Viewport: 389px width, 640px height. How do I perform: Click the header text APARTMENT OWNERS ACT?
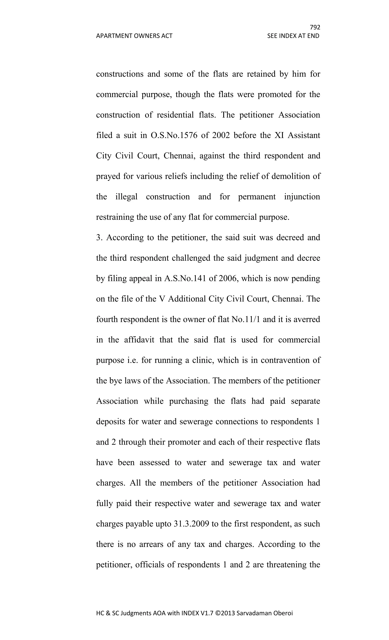[x=134, y=36]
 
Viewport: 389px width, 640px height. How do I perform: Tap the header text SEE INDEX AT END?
[x=293, y=36]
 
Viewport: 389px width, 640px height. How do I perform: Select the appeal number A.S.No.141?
[x=185, y=278]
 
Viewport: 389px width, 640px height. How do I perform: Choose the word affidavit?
[x=139, y=340]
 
